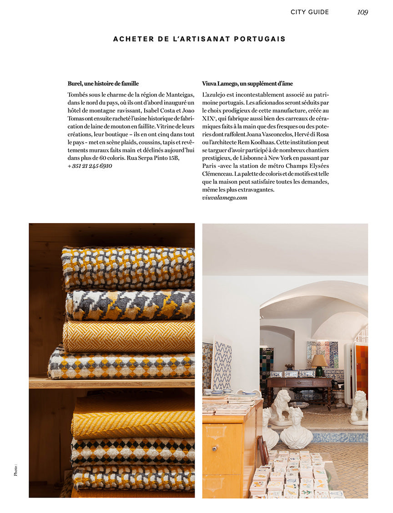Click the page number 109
[362, 12]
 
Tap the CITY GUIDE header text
[309, 12]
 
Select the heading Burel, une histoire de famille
[103, 84]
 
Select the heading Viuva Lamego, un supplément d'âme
[247, 84]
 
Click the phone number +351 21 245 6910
[90, 166]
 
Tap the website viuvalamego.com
[225, 198]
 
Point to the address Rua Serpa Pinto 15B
[153, 158]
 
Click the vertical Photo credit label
[15, 470]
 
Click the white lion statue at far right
[359, 406]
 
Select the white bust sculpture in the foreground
[296, 428]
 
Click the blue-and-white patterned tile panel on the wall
[222, 365]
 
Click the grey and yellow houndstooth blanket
[130, 305]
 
